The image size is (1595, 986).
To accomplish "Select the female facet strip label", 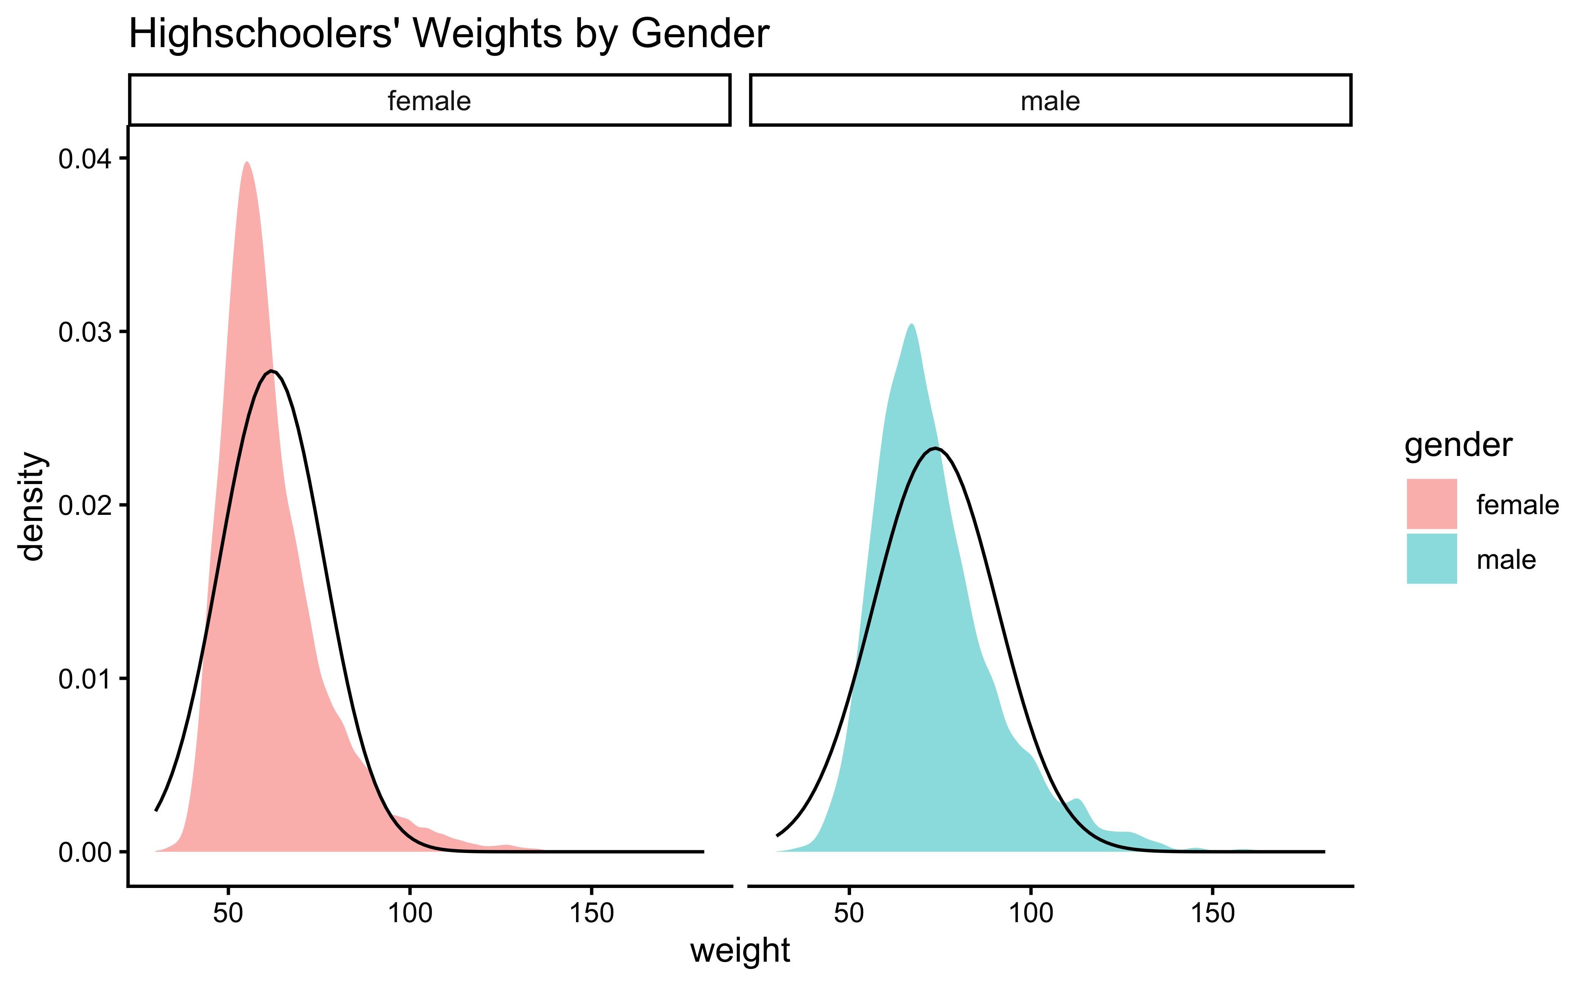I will click(x=429, y=101).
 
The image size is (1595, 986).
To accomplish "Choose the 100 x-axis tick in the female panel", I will click(x=409, y=913).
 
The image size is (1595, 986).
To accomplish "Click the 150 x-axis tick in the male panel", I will click(x=1212, y=913).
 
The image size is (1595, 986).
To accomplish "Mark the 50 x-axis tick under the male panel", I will click(x=849, y=913).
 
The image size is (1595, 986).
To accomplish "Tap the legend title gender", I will click(x=1458, y=445).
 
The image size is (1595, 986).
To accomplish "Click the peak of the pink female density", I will click(x=246, y=163).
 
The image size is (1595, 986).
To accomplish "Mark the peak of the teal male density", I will click(x=911, y=325).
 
